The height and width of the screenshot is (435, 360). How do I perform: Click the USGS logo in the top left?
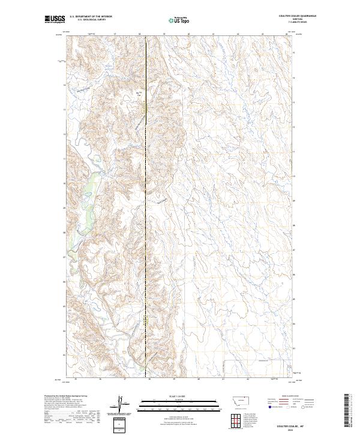[x=55, y=19]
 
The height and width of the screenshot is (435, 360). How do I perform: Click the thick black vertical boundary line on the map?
[x=148, y=180]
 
